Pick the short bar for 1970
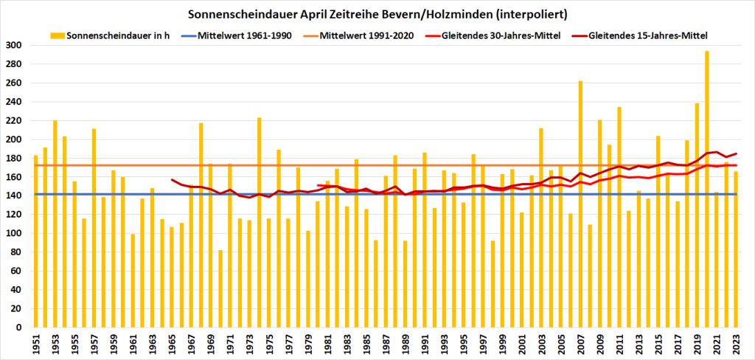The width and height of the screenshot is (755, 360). pyautogui.click(x=220, y=288)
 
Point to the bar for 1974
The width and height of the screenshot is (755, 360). pyautogui.click(x=259, y=222)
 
